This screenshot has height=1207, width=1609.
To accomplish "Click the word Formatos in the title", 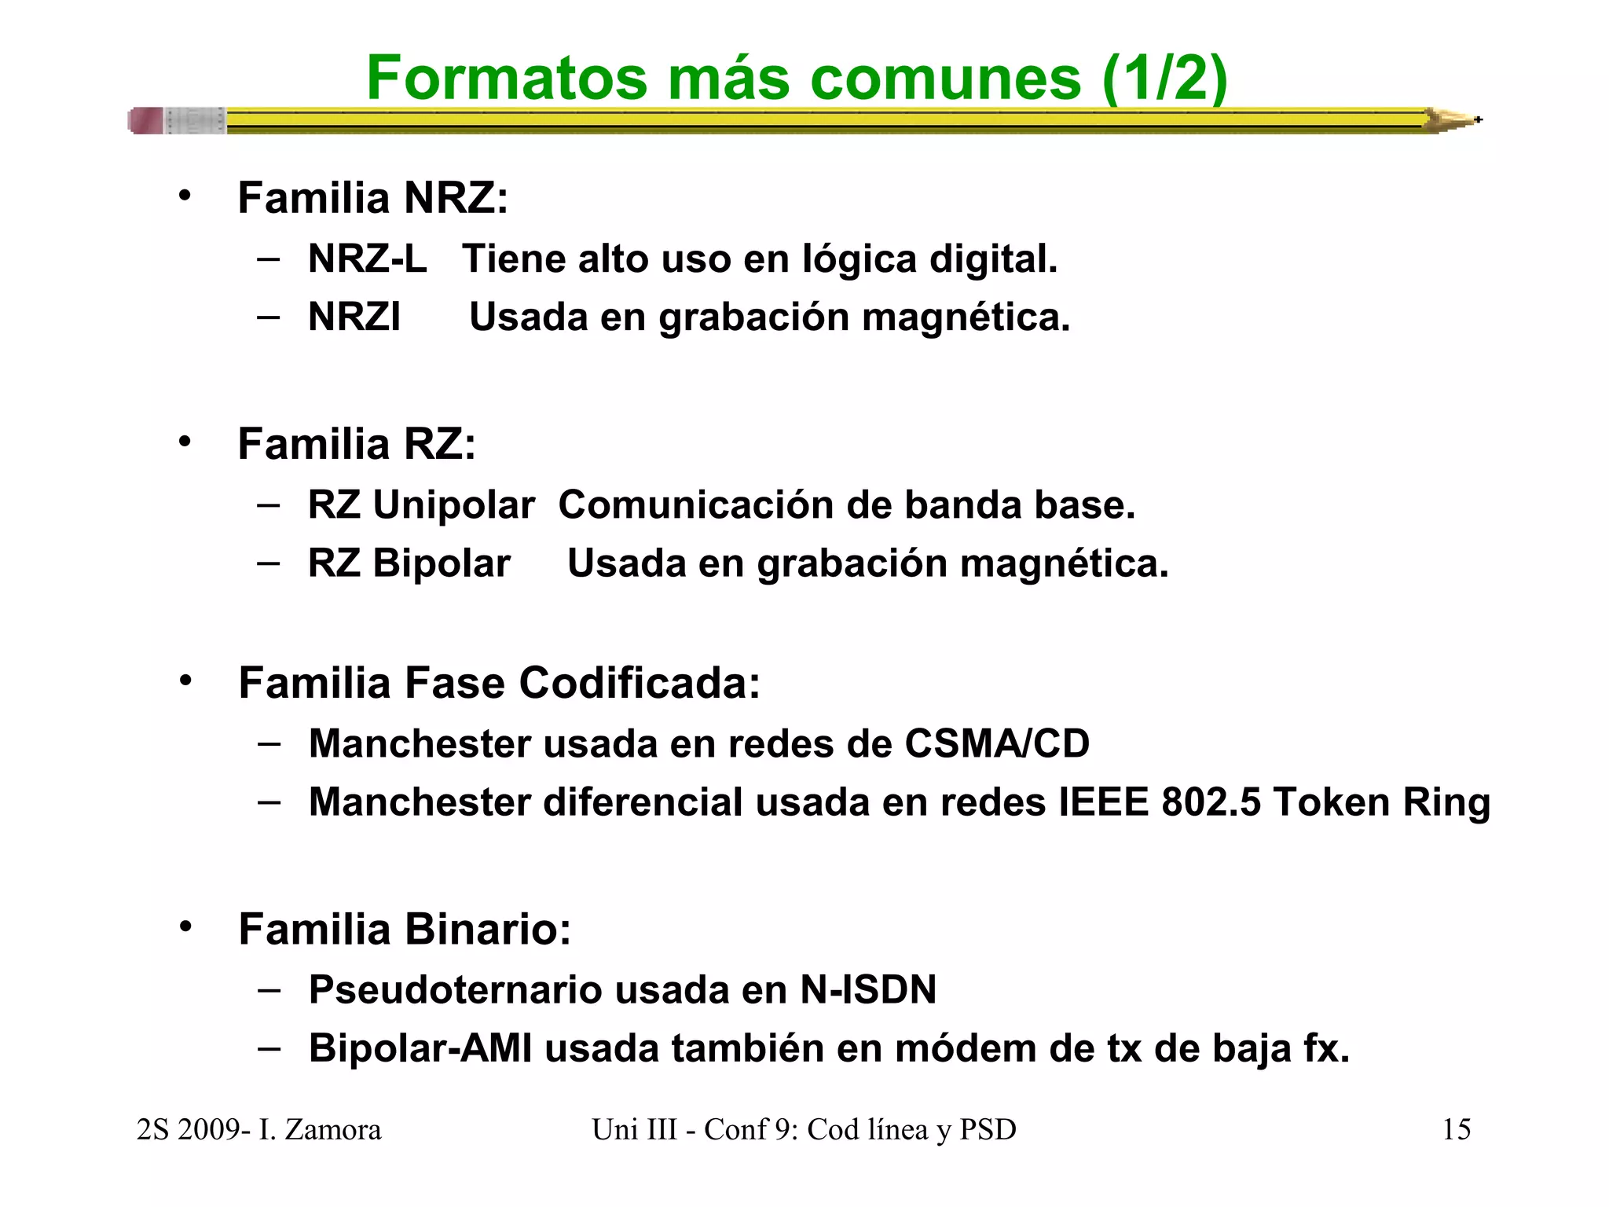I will coord(507,78).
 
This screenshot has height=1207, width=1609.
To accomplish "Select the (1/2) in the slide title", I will coord(1164,78).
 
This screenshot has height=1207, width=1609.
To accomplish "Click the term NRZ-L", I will coord(367,259).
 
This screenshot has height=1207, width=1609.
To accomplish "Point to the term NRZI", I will coord(354,317).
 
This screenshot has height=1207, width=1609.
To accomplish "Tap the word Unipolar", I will coord(453,505).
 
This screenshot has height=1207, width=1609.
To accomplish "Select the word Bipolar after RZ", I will coord(441,563).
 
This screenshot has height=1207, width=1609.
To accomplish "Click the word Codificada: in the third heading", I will coord(640,682).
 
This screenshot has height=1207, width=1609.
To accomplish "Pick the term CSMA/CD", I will coord(996,743).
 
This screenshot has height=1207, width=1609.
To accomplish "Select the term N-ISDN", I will coord(868,989).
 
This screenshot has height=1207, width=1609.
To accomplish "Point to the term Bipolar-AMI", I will coord(420,1048).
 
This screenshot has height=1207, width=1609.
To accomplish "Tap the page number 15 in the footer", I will coord(1456,1130).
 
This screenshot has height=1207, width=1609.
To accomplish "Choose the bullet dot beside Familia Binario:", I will coord(185,927).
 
